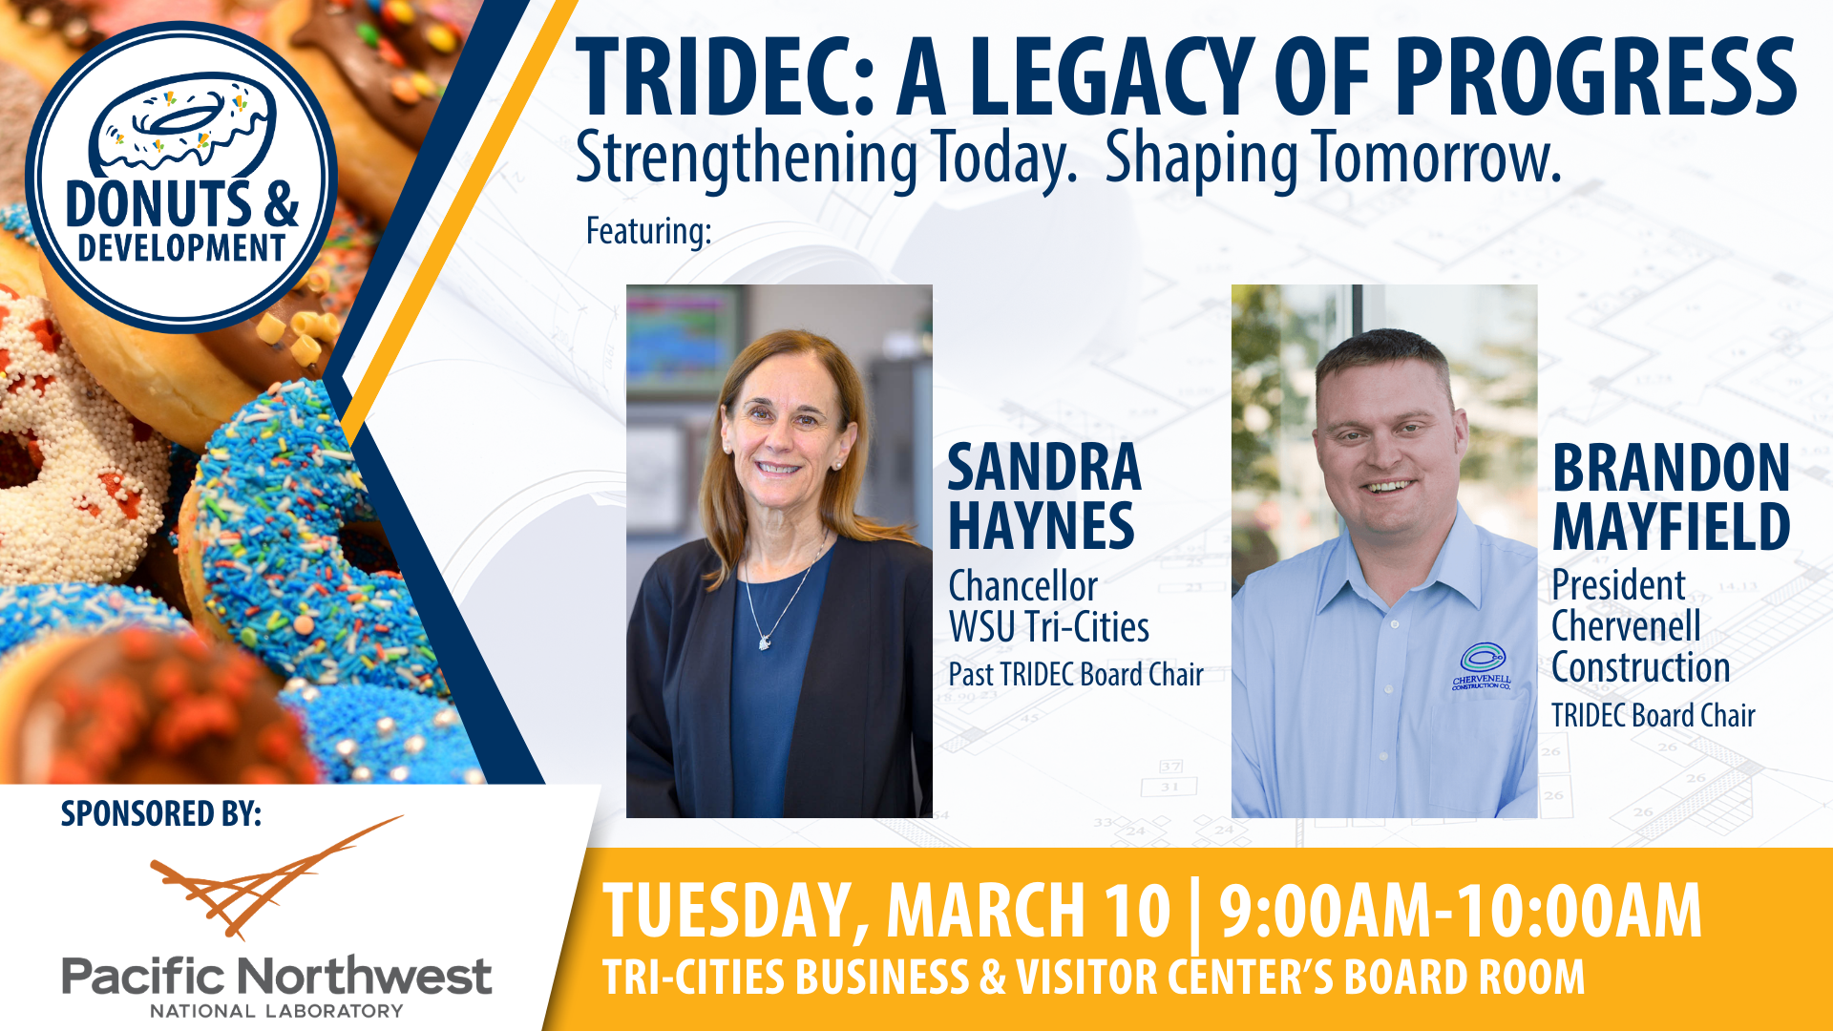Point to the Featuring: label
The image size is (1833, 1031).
pyautogui.click(x=648, y=231)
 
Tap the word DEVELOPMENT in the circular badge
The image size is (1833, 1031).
pyautogui.click(x=181, y=249)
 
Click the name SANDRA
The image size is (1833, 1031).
pyautogui.click(x=1043, y=468)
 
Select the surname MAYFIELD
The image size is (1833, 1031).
pyautogui.click(x=1671, y=527)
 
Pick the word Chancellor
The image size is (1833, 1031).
pyautogui.click(x=1022, y=586)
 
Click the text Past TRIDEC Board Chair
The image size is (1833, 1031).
pyautogui.click(x=1075, y=675)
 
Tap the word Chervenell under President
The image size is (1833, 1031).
pyautogui.click(x=1626, y=626)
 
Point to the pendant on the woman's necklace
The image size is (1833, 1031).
pyautogui.click(x=764, y=642)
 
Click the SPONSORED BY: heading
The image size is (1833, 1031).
pyautogui.click(x=160, y=813)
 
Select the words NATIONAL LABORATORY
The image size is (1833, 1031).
pyautogui.click(x=277, y=1011)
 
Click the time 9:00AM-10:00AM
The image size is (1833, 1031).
pyautogui.click(x=1460, y=912)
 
